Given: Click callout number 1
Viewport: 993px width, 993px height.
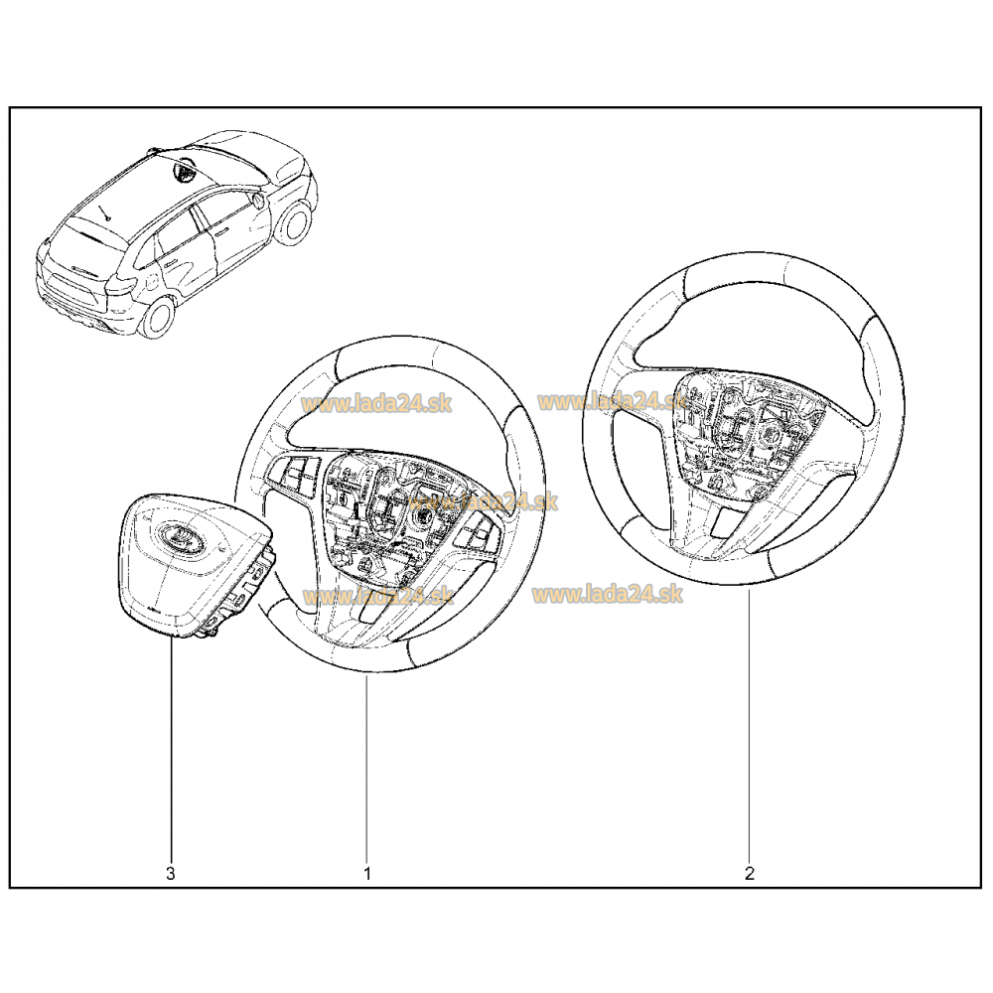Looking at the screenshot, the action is click(366, 874).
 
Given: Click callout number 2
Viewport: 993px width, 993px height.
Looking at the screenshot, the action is click(750, 874).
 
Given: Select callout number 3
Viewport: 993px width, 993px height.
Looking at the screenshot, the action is click(171, 874).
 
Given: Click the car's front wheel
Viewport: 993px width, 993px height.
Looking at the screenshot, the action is click(294, 221).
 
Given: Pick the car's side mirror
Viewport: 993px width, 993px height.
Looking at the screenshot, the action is click(258, 201).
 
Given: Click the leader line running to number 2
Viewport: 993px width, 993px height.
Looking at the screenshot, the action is click(750, 727).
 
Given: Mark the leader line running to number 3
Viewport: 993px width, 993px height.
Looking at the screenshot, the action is click(171, 752).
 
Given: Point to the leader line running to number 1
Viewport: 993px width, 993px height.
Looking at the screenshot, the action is click(366, 770).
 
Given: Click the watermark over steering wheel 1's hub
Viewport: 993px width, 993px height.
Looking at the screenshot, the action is click(483, 500).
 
